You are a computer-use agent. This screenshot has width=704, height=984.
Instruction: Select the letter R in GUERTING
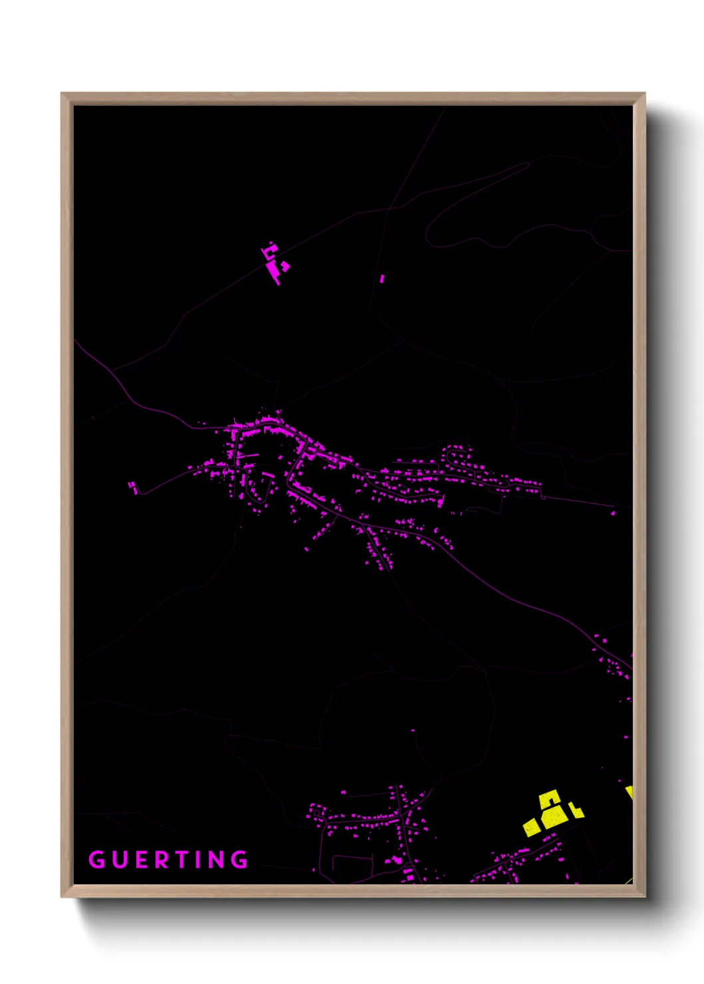pyautogui.click(x=164, y=860)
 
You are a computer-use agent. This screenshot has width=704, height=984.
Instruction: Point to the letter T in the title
pyautogui.click(x=186, y=860)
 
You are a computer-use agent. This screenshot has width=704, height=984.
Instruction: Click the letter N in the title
pyautogui.click(x=218, y=860)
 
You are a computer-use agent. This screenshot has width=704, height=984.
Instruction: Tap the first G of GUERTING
pyautogui.click(x=96, y=860)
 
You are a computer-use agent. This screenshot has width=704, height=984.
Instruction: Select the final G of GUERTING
pyautogui.click(x=240, y=860)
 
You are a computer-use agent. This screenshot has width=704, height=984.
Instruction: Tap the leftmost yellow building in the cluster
pyautogui.click(x=531, y=826)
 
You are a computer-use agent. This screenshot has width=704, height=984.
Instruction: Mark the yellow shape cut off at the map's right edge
pyautogui.click(x=629, y=793)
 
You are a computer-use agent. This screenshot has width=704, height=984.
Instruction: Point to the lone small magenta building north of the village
pyautogui.click(x=382, y=279)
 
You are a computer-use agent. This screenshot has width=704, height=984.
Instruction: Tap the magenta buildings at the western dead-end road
pyautogui.click(x=133, y=487)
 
